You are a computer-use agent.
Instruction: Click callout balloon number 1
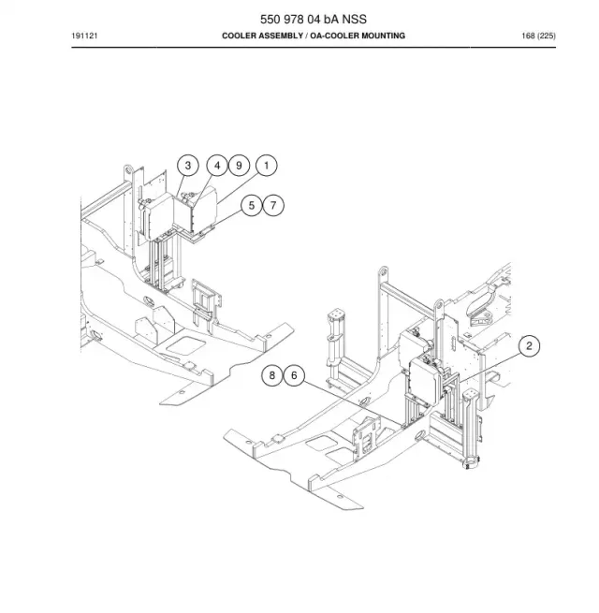click(267, 166)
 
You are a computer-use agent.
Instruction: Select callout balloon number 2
click(529, 346)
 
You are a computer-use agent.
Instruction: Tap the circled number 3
click(188, 166)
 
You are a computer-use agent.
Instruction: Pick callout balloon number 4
click(217, 166)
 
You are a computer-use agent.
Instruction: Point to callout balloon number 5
click(252, 205)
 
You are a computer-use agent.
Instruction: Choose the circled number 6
click(294, 375)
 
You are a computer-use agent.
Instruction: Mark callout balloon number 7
click(273, 205)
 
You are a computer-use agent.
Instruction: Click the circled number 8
click(272, 375)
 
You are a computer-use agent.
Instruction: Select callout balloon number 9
click(239, 166)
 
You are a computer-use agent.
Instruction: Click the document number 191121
click(84, 36)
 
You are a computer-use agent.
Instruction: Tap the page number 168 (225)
click(538, 36)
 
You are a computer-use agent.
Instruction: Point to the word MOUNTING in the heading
click(383, 36)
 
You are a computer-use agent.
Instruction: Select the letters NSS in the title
click(355, 19)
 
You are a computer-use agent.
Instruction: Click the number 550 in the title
click(270, 19)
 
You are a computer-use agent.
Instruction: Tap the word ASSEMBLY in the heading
click(281, 36)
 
